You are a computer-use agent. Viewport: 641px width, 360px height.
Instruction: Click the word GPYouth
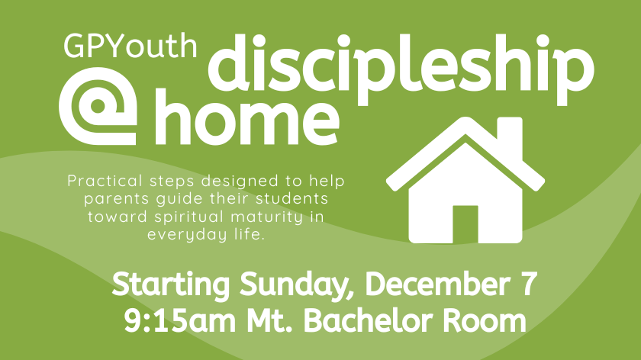click(x=130, y=46)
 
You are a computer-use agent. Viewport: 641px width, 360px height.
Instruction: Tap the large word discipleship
click(x=401, y=69)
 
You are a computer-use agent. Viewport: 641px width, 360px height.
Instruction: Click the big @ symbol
click(x=98, y=106)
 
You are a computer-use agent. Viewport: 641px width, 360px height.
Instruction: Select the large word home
click(x=247, y=118)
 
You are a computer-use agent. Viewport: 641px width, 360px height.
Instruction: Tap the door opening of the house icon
click(x=465, y=224)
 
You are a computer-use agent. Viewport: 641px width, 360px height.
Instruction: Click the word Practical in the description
click(x=105, y=181)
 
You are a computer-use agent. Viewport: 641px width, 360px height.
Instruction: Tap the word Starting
click(x=171, y=284)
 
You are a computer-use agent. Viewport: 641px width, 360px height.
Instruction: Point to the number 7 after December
click(x=529, y=284)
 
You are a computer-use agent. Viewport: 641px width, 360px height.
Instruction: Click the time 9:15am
click(x=181, y=321)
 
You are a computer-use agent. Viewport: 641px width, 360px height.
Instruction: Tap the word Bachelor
click(x=368, y=321)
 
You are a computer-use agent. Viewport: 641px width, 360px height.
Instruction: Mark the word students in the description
click(x=292, y=198)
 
